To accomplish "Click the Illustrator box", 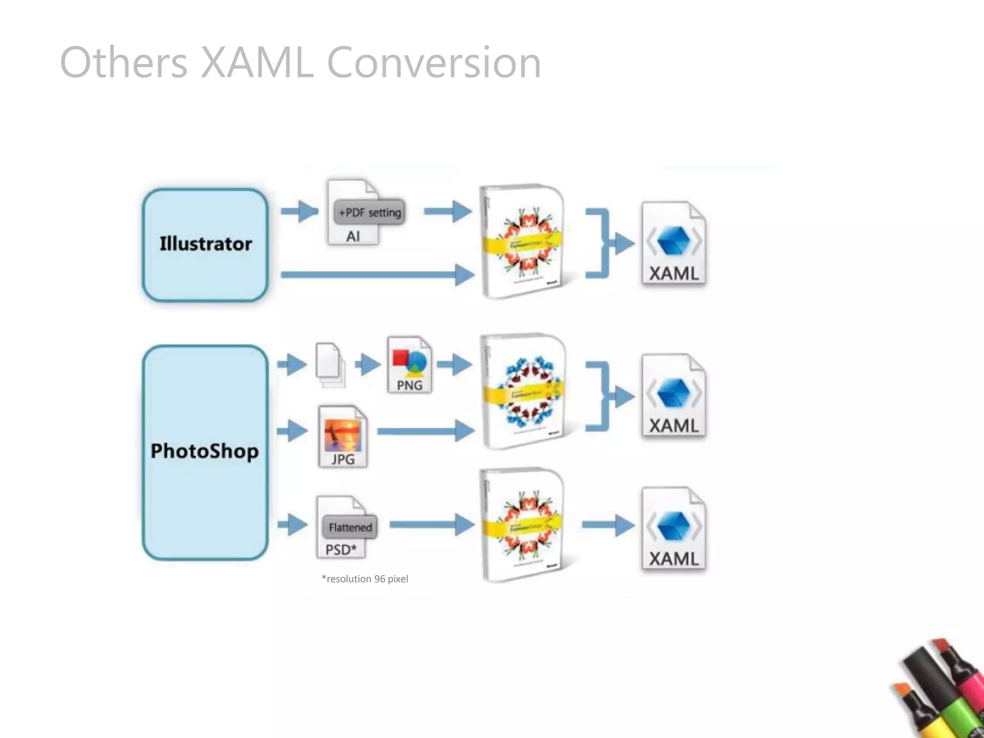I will click(205, 245).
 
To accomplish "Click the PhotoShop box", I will click(205, 452).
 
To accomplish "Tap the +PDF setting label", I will click(369, 212).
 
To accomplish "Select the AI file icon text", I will click(353, 236).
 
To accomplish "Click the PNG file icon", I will click(409, 365).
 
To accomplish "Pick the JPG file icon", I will click(343, 436).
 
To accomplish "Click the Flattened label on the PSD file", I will click(350, 527).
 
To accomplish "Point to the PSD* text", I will click(341, 549).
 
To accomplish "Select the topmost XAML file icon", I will click(674, 244).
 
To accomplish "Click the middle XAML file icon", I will click(674, 396).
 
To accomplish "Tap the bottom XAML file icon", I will click(674, 529).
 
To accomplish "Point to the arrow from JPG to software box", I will click(423, 431).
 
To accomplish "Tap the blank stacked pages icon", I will click(330, 365).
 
